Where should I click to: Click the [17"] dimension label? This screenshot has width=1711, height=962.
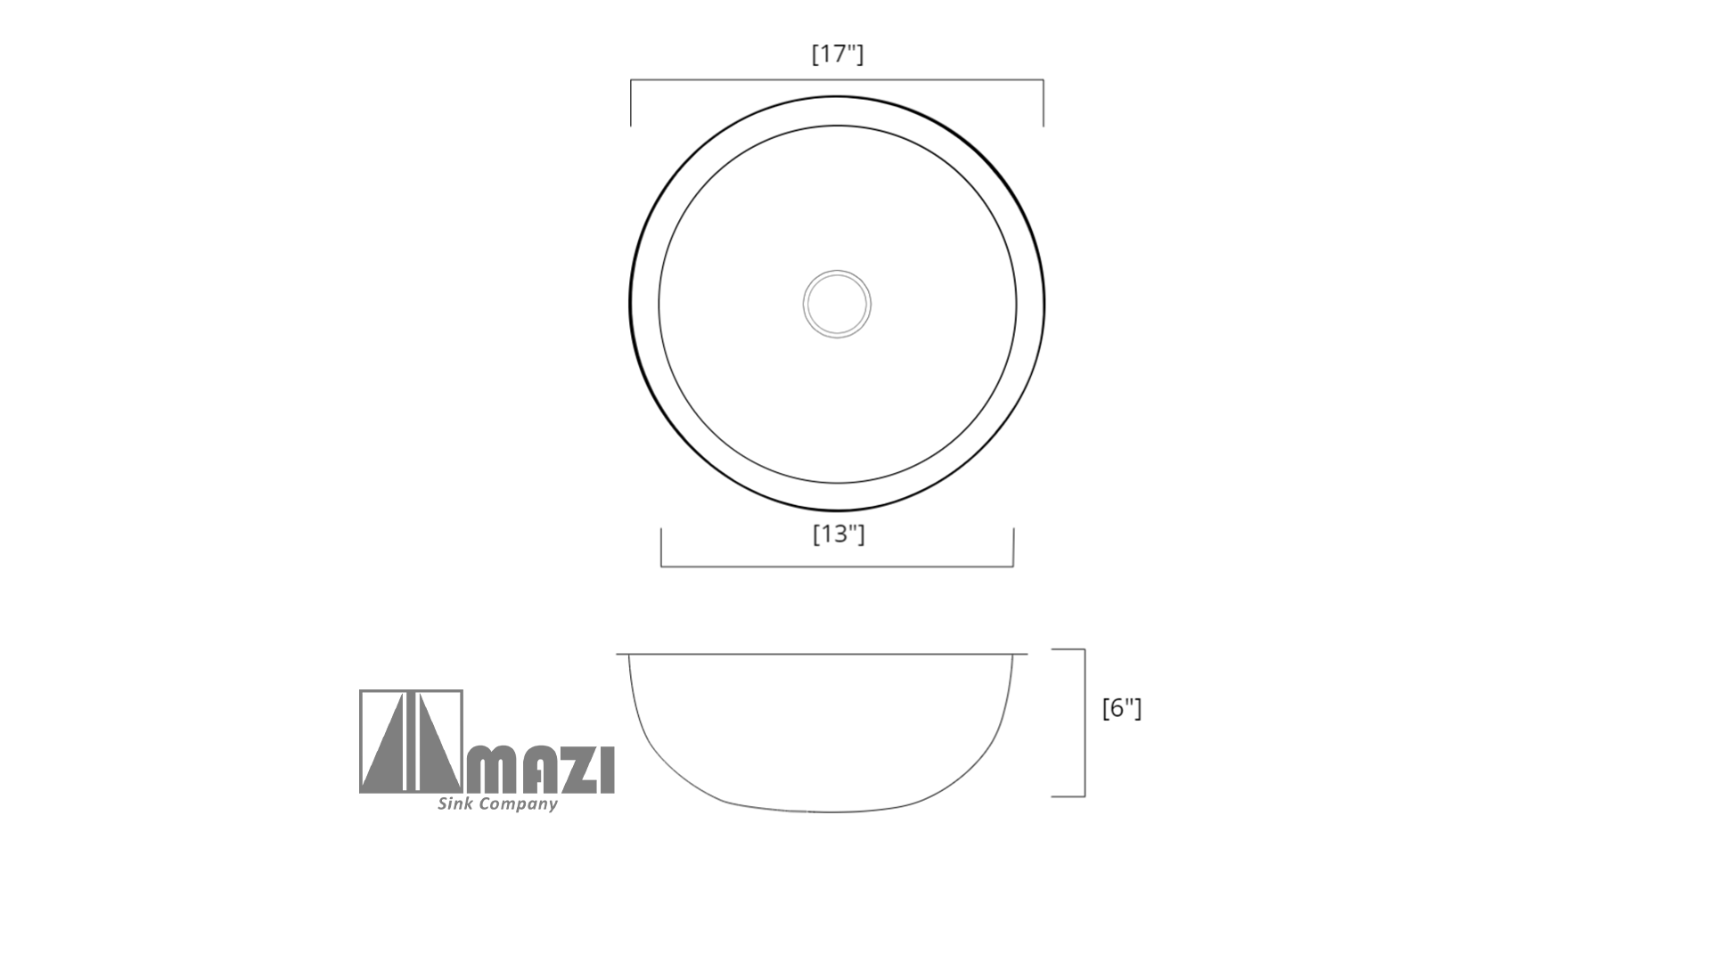(x=838, y=54)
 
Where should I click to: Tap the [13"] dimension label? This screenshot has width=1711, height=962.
(x=839, y=534)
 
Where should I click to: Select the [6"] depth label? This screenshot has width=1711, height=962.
(x=1122, y=709)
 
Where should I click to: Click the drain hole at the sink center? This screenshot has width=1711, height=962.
(x=837, y=304)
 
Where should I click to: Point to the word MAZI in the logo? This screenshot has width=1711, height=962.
(x=541, y=770)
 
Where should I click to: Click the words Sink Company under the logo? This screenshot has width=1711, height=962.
(x=497, y=804)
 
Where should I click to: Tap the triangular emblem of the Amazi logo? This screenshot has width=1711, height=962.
(x=411, y=741)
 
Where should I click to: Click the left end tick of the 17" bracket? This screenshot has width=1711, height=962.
(x=631, y=103)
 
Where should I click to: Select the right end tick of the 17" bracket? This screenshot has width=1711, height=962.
(x=1044, y=103)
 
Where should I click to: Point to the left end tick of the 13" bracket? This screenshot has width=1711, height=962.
(x=661, y=547)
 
